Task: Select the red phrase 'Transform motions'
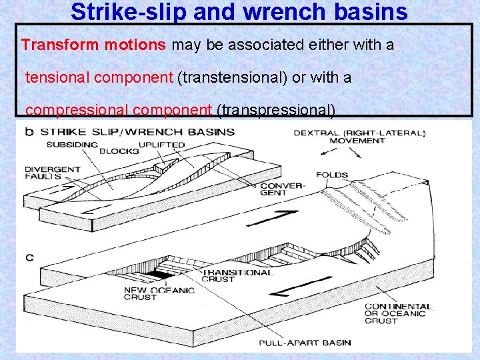(95, 45)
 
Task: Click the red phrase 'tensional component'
(99, 77)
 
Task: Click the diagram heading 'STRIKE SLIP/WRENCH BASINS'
(138, 131)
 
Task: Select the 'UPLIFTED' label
(162, 145)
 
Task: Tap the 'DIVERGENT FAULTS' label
(52, 173)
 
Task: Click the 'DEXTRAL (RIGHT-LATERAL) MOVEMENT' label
(359, 137)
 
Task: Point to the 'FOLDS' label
(331, 175)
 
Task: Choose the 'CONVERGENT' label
(282, 190)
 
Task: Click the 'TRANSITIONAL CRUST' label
(237, 276)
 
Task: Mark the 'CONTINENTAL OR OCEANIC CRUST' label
(398, 314)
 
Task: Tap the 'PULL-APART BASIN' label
(305, 343)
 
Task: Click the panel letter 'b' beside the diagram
(29, 131)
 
